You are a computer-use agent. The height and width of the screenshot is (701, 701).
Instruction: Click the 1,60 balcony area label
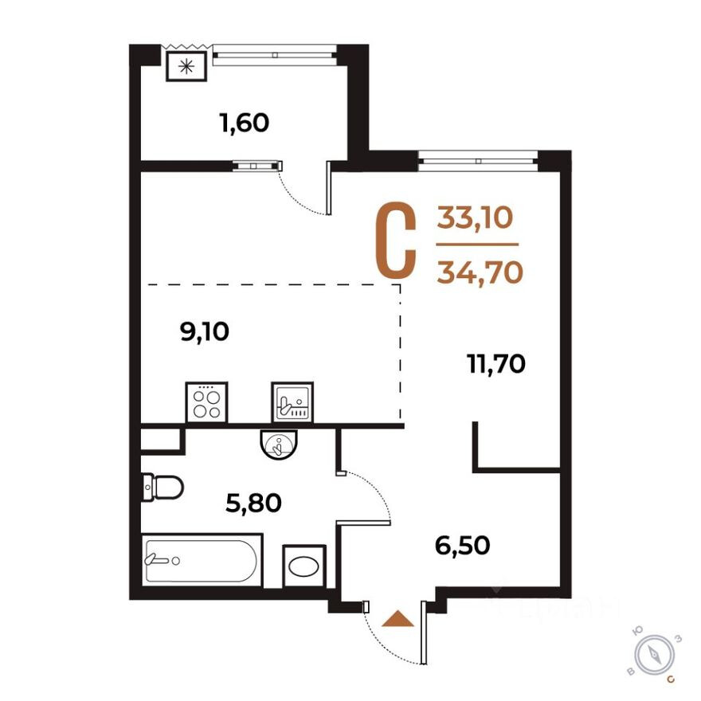coord(244,123)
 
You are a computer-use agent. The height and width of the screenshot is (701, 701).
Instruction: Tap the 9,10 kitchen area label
coord(205,331)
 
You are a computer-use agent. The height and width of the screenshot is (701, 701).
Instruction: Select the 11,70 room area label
coord(495,365)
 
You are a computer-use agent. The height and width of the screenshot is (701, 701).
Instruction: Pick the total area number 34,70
coord(480,272)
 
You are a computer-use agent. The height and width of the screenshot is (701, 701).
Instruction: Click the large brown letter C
coord(396,241)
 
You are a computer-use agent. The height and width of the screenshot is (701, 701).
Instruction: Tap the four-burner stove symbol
coord(206,401)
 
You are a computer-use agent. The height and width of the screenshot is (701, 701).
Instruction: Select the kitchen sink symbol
coord(292,401)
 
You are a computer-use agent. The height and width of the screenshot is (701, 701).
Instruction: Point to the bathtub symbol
coord(201,562)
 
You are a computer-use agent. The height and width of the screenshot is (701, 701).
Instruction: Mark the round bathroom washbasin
coord(278,444)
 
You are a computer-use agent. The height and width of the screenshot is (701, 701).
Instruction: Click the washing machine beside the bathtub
coord(304,566)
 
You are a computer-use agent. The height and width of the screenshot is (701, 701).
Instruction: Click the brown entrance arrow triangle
coord(398,619)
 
